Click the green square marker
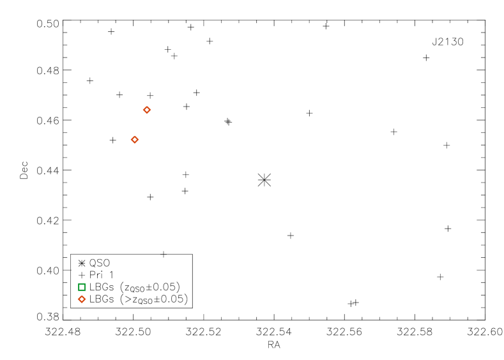click(x=82, y=287)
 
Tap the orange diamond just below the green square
click(x=82, y=299)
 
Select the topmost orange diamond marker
click(x=147, y=110)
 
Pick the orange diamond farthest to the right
click(x=147, y=110)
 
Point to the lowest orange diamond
click(x=82, y=299)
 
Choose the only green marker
click(x=82, y=287)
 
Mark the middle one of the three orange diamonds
click(x=135, y=140)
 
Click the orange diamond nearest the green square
click(x=82, y=299)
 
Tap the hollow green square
click(x=82, y=287)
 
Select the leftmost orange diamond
click(x=82, y=299)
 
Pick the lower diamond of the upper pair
click(x=135, y=140)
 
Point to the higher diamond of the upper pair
click(x=147, y=110)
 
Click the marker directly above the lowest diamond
click(x=82, y=287)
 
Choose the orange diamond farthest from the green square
click(x=147, y=110)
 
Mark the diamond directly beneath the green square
click(x=82, y=299)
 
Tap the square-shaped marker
click(x=82, y=287)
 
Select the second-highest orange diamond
click(x=135, y=140)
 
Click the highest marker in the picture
click(x=147, y=110)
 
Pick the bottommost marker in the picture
click(x=82, y=299)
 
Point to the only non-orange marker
click(x=82, y=287)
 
